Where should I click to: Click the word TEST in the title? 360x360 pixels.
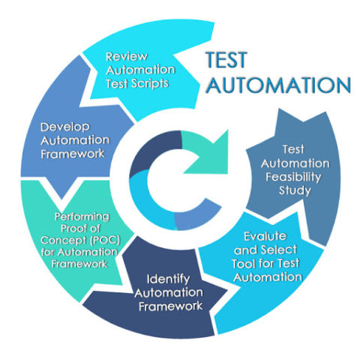226,60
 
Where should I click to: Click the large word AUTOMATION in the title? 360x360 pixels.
279,85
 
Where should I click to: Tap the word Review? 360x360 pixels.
127,57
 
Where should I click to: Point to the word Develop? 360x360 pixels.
65,127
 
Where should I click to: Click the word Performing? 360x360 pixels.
82,217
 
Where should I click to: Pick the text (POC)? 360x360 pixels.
105,240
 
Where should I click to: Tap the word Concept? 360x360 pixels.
64,240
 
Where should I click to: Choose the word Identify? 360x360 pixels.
168,279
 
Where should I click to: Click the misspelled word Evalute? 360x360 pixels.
265,236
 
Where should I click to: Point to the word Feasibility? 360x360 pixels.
293,177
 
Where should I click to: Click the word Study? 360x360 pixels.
295,190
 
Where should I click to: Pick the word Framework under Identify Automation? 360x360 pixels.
171,306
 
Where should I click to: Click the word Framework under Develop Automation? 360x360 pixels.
73,154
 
